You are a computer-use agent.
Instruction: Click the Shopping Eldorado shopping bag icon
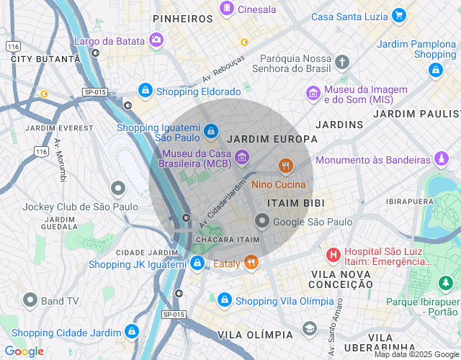146,91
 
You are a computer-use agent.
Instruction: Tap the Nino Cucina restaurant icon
286,166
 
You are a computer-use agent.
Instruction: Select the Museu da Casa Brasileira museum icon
242,156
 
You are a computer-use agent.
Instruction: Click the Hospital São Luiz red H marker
334,254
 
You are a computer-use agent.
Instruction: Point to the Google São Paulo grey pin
262,222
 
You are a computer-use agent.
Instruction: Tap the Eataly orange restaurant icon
251,263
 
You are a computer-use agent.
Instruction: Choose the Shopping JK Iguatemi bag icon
197,264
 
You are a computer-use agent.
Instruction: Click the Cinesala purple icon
227,9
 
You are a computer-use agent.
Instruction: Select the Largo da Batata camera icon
156,40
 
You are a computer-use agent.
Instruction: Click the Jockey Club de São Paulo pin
118,189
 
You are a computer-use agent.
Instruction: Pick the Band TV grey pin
30,300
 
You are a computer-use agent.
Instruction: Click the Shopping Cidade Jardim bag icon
131,331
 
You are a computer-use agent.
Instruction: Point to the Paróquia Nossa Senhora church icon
341,62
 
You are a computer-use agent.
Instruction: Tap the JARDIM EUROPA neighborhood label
272,139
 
